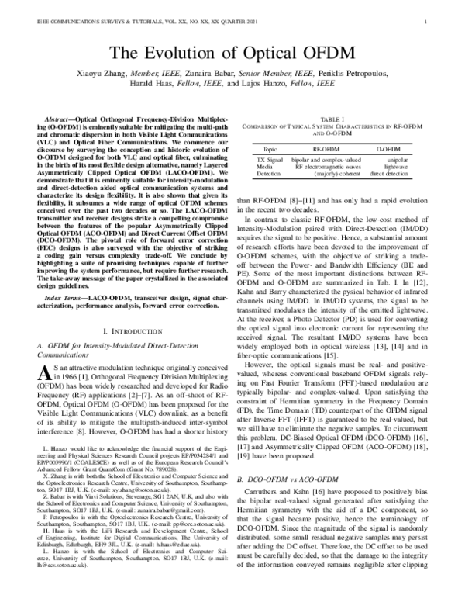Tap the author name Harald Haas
[x=151, y=91]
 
